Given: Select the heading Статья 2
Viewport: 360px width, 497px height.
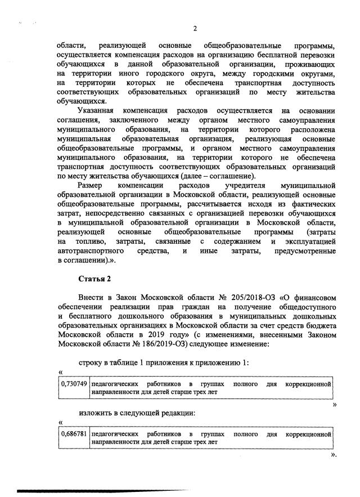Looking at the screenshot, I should click(94, 279).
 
